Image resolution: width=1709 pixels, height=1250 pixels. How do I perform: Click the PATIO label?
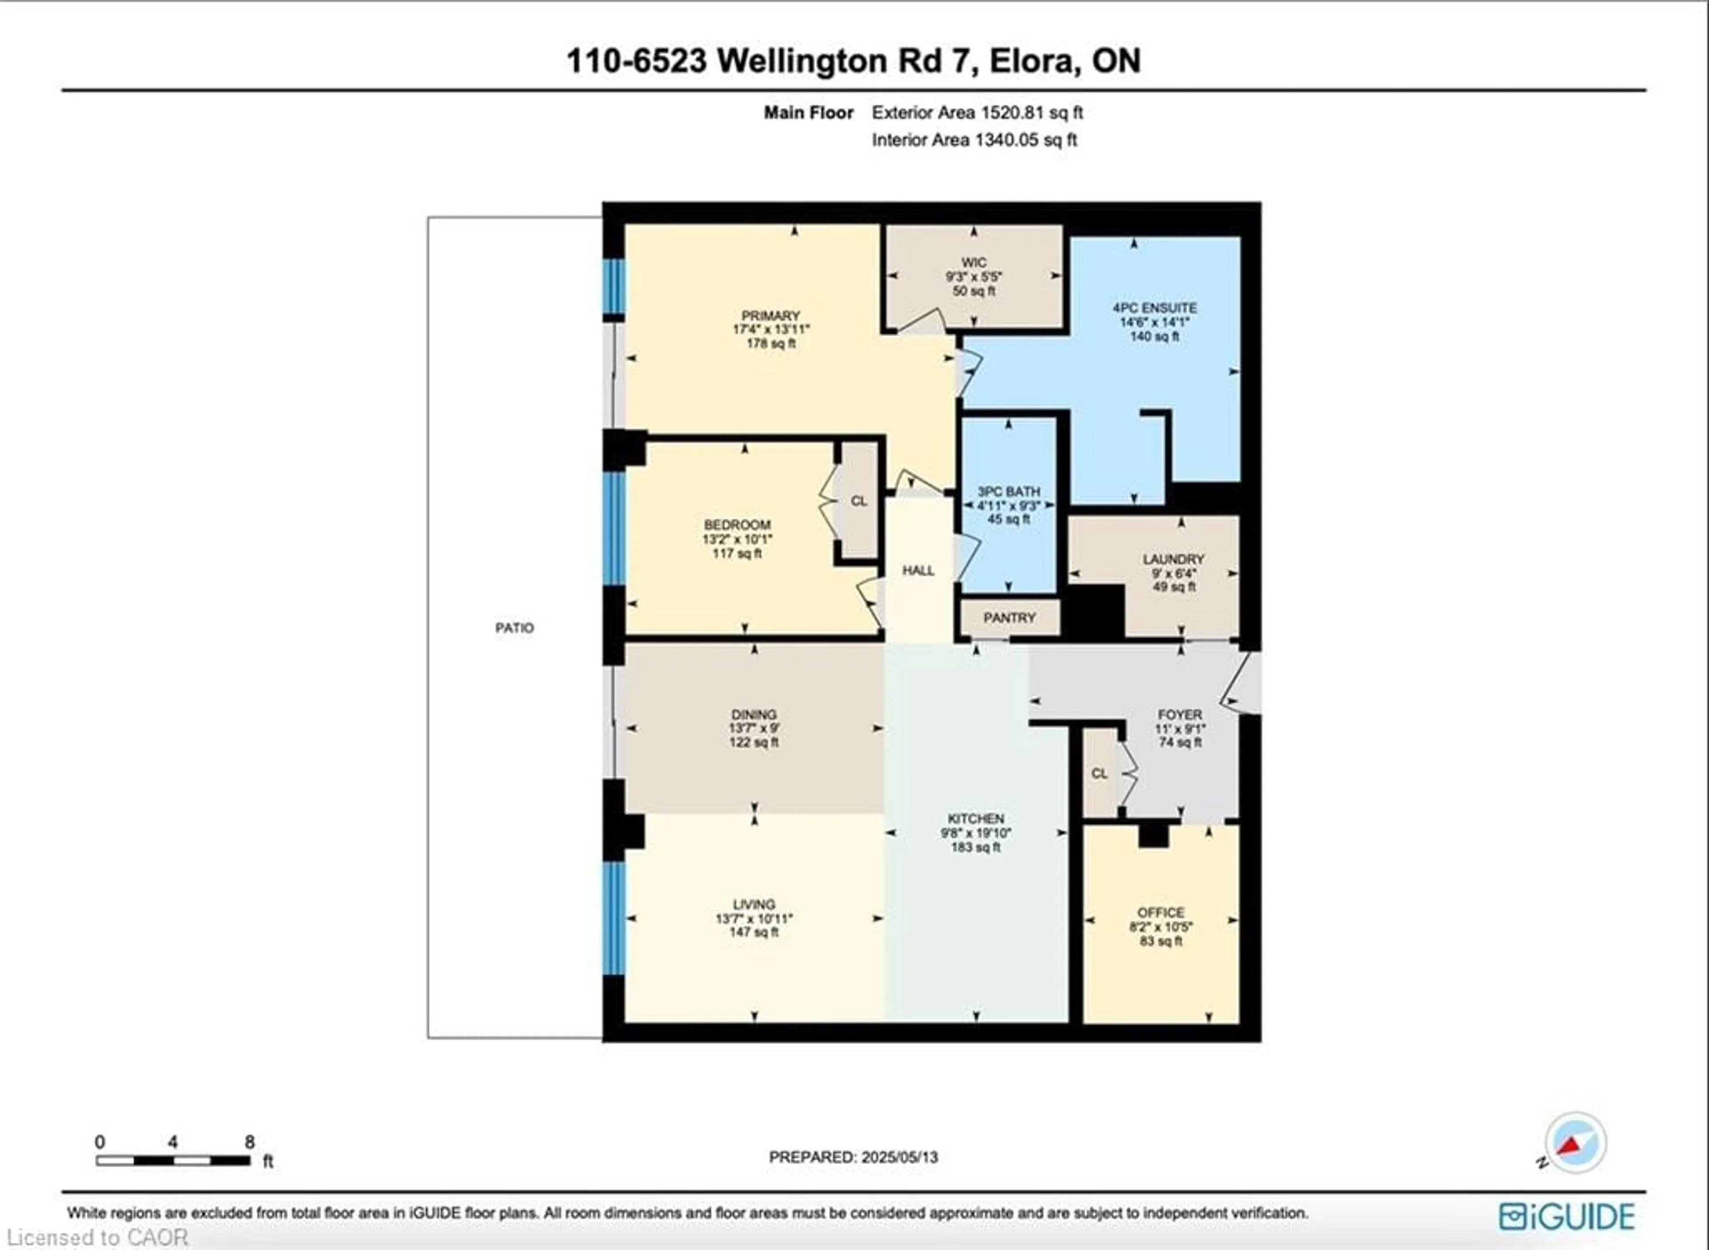coord(514,627)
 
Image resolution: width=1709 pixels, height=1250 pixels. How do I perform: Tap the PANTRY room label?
coord(1009,617)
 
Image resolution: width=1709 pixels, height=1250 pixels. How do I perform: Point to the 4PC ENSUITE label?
coord(1154,308)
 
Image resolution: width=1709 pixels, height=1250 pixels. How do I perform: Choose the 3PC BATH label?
coord(1008,492)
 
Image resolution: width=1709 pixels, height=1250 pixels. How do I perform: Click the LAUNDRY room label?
coord(1173,559)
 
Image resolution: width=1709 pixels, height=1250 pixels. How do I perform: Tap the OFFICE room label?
coord(1161,913)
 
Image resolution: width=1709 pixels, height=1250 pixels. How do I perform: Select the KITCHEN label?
coord(976,819)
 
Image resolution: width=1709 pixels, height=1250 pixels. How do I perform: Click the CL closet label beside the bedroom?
coord(859,501)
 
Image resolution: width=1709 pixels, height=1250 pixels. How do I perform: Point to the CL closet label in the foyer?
coord(1099,773)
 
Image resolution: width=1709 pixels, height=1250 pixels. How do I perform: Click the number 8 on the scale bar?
coord(250,1142)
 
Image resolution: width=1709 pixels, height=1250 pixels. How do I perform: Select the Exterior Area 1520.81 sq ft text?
coord(977,113)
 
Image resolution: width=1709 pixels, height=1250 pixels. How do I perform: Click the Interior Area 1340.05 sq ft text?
coord(974,140)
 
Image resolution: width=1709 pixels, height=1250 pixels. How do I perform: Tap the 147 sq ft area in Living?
coord(753,932)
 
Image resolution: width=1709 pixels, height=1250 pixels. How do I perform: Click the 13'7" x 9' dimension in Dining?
coord(753,728)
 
